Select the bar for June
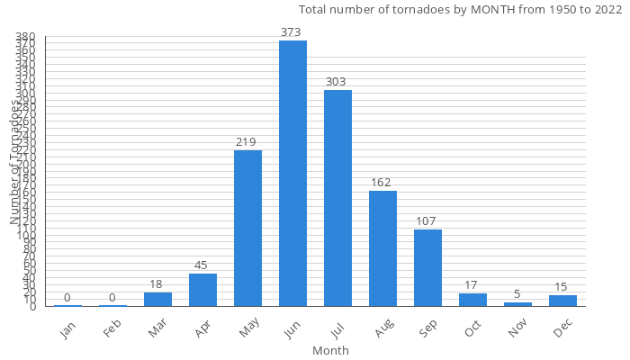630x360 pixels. [292, 173]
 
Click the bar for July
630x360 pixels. [337, 198]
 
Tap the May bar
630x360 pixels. [247, 228]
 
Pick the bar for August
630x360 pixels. [382, 248]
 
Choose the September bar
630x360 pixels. [427, 267]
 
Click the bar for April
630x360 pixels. [202, 290]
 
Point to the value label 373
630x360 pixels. [292, 32]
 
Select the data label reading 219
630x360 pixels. [247, 142]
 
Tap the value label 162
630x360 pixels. [382, 183]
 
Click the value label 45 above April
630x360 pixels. [202, 265]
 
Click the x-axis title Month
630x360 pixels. [330, 350]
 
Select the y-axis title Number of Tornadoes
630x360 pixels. [15, 162]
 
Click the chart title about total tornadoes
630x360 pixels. [460, 10]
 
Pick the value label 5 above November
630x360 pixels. [517, 294]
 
